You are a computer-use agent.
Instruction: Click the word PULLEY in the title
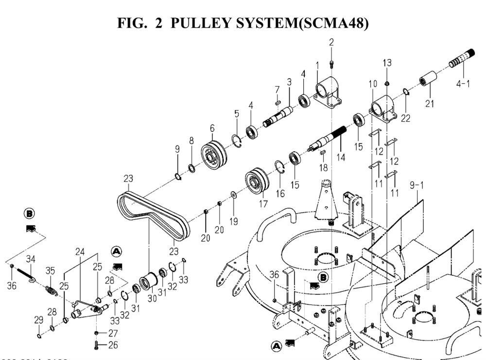point(199,23)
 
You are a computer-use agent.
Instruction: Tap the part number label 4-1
point(463,84)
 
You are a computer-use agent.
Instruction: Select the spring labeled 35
point(51,291)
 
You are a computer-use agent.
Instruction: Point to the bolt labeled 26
point(97,345)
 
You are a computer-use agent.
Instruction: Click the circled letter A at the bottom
point(277,346)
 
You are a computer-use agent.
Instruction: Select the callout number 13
point(387,63)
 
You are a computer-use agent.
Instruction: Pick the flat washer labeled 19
point(234,195)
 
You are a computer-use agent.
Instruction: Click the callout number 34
point(31,258)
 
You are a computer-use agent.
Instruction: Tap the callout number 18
point(324,167)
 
